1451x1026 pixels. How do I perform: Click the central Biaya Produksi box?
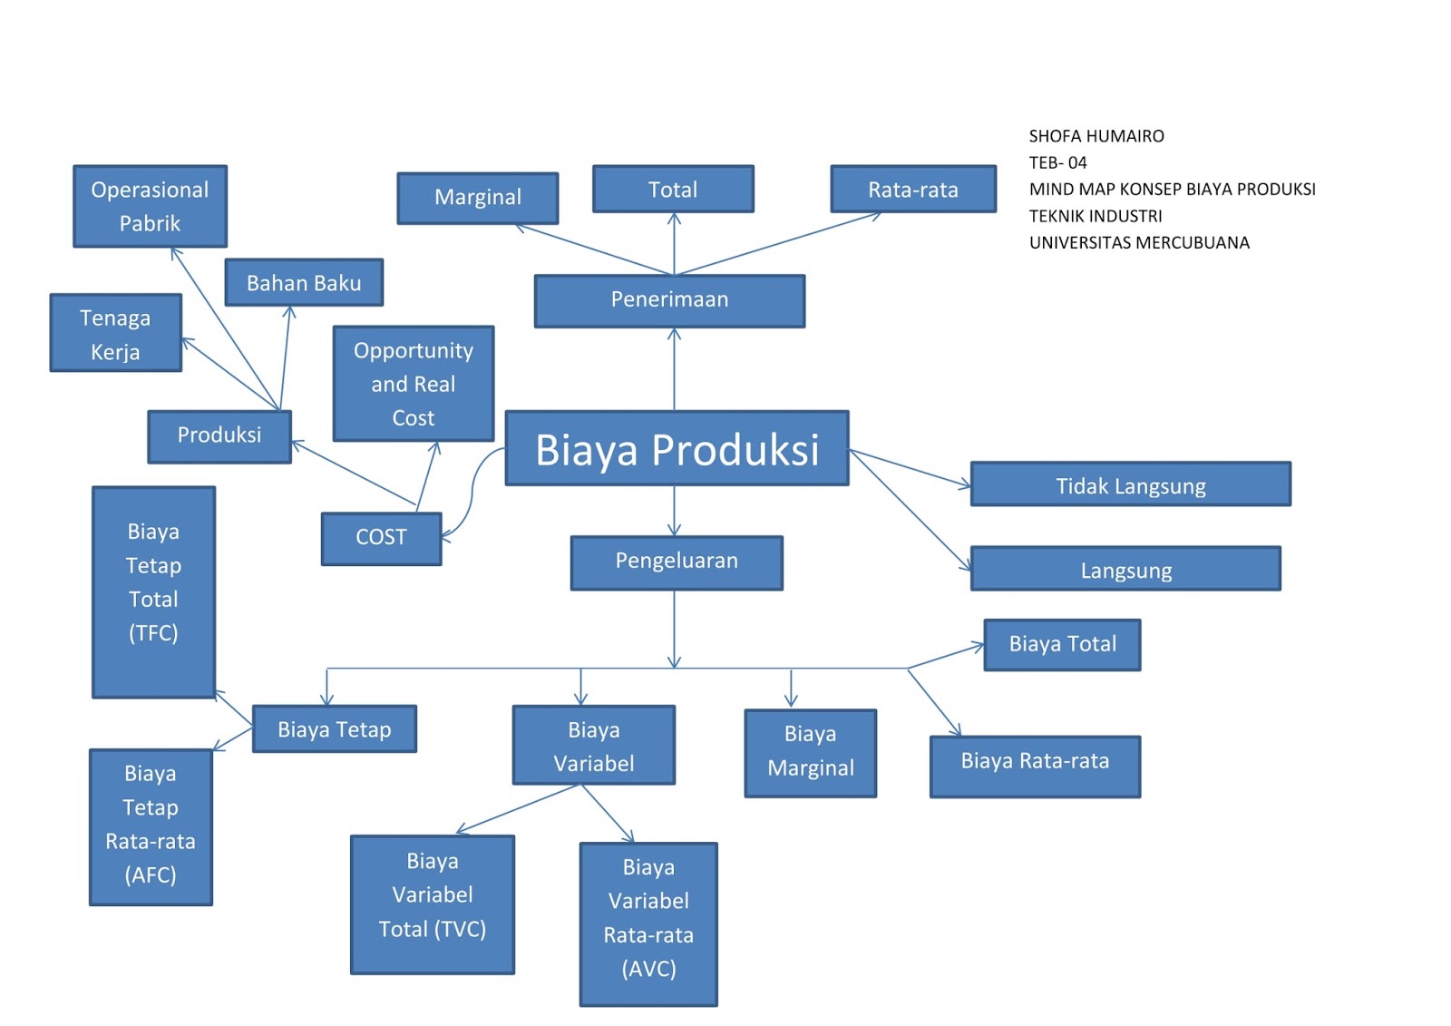click(677, 449)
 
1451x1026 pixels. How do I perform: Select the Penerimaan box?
click(669, 300)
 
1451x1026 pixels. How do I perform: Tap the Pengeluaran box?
click(677, 562)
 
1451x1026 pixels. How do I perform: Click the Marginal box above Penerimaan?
click(477, 198)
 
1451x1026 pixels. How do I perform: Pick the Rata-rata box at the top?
click(912, 190)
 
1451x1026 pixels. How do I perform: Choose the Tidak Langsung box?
click(1130, 485)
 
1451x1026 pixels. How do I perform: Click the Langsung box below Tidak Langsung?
click(1125, 570)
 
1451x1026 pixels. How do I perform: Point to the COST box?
click(381, 538)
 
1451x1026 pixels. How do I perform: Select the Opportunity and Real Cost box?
click(413, 384)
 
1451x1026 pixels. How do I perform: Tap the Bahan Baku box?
click(304, 283)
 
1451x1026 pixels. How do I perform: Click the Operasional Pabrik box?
click(150, 206)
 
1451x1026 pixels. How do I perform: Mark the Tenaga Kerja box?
click(115, 333)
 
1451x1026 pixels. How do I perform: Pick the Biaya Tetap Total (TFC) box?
click(153, 591)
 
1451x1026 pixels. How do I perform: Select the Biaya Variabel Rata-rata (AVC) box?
click(648, 923)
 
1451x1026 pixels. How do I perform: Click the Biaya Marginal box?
click(810, 752)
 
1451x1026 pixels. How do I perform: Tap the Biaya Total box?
click(1062, 644)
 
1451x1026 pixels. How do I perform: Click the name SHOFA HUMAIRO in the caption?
click(1096, 137)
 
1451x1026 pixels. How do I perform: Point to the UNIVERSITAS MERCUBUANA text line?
click(1138, 243)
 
